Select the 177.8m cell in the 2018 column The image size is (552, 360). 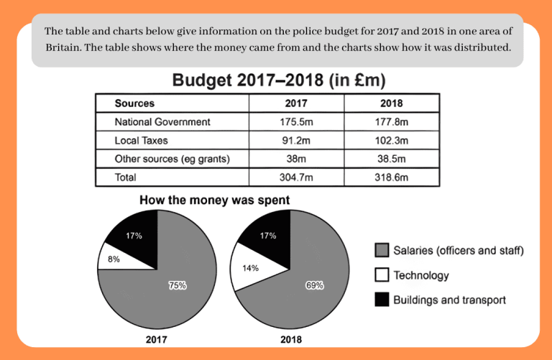[x=392, y=121]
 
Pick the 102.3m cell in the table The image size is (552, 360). [x=392, y=140]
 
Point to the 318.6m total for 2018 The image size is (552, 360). [x=392, y=176]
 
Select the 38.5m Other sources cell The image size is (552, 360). [x=392, y=158]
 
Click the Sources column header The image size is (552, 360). [x=134, y=103]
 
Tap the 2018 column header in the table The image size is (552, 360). [x=392, y=103]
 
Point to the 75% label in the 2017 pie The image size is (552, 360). [x=178, y=285]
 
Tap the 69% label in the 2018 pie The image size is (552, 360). [x=314, y=285]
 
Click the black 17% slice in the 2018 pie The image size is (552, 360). [x=270, y=237]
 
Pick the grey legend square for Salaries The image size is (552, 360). [x=382, y=251]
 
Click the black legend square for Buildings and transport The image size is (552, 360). [x=382, y=300]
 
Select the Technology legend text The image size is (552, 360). [x=421, y=275]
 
